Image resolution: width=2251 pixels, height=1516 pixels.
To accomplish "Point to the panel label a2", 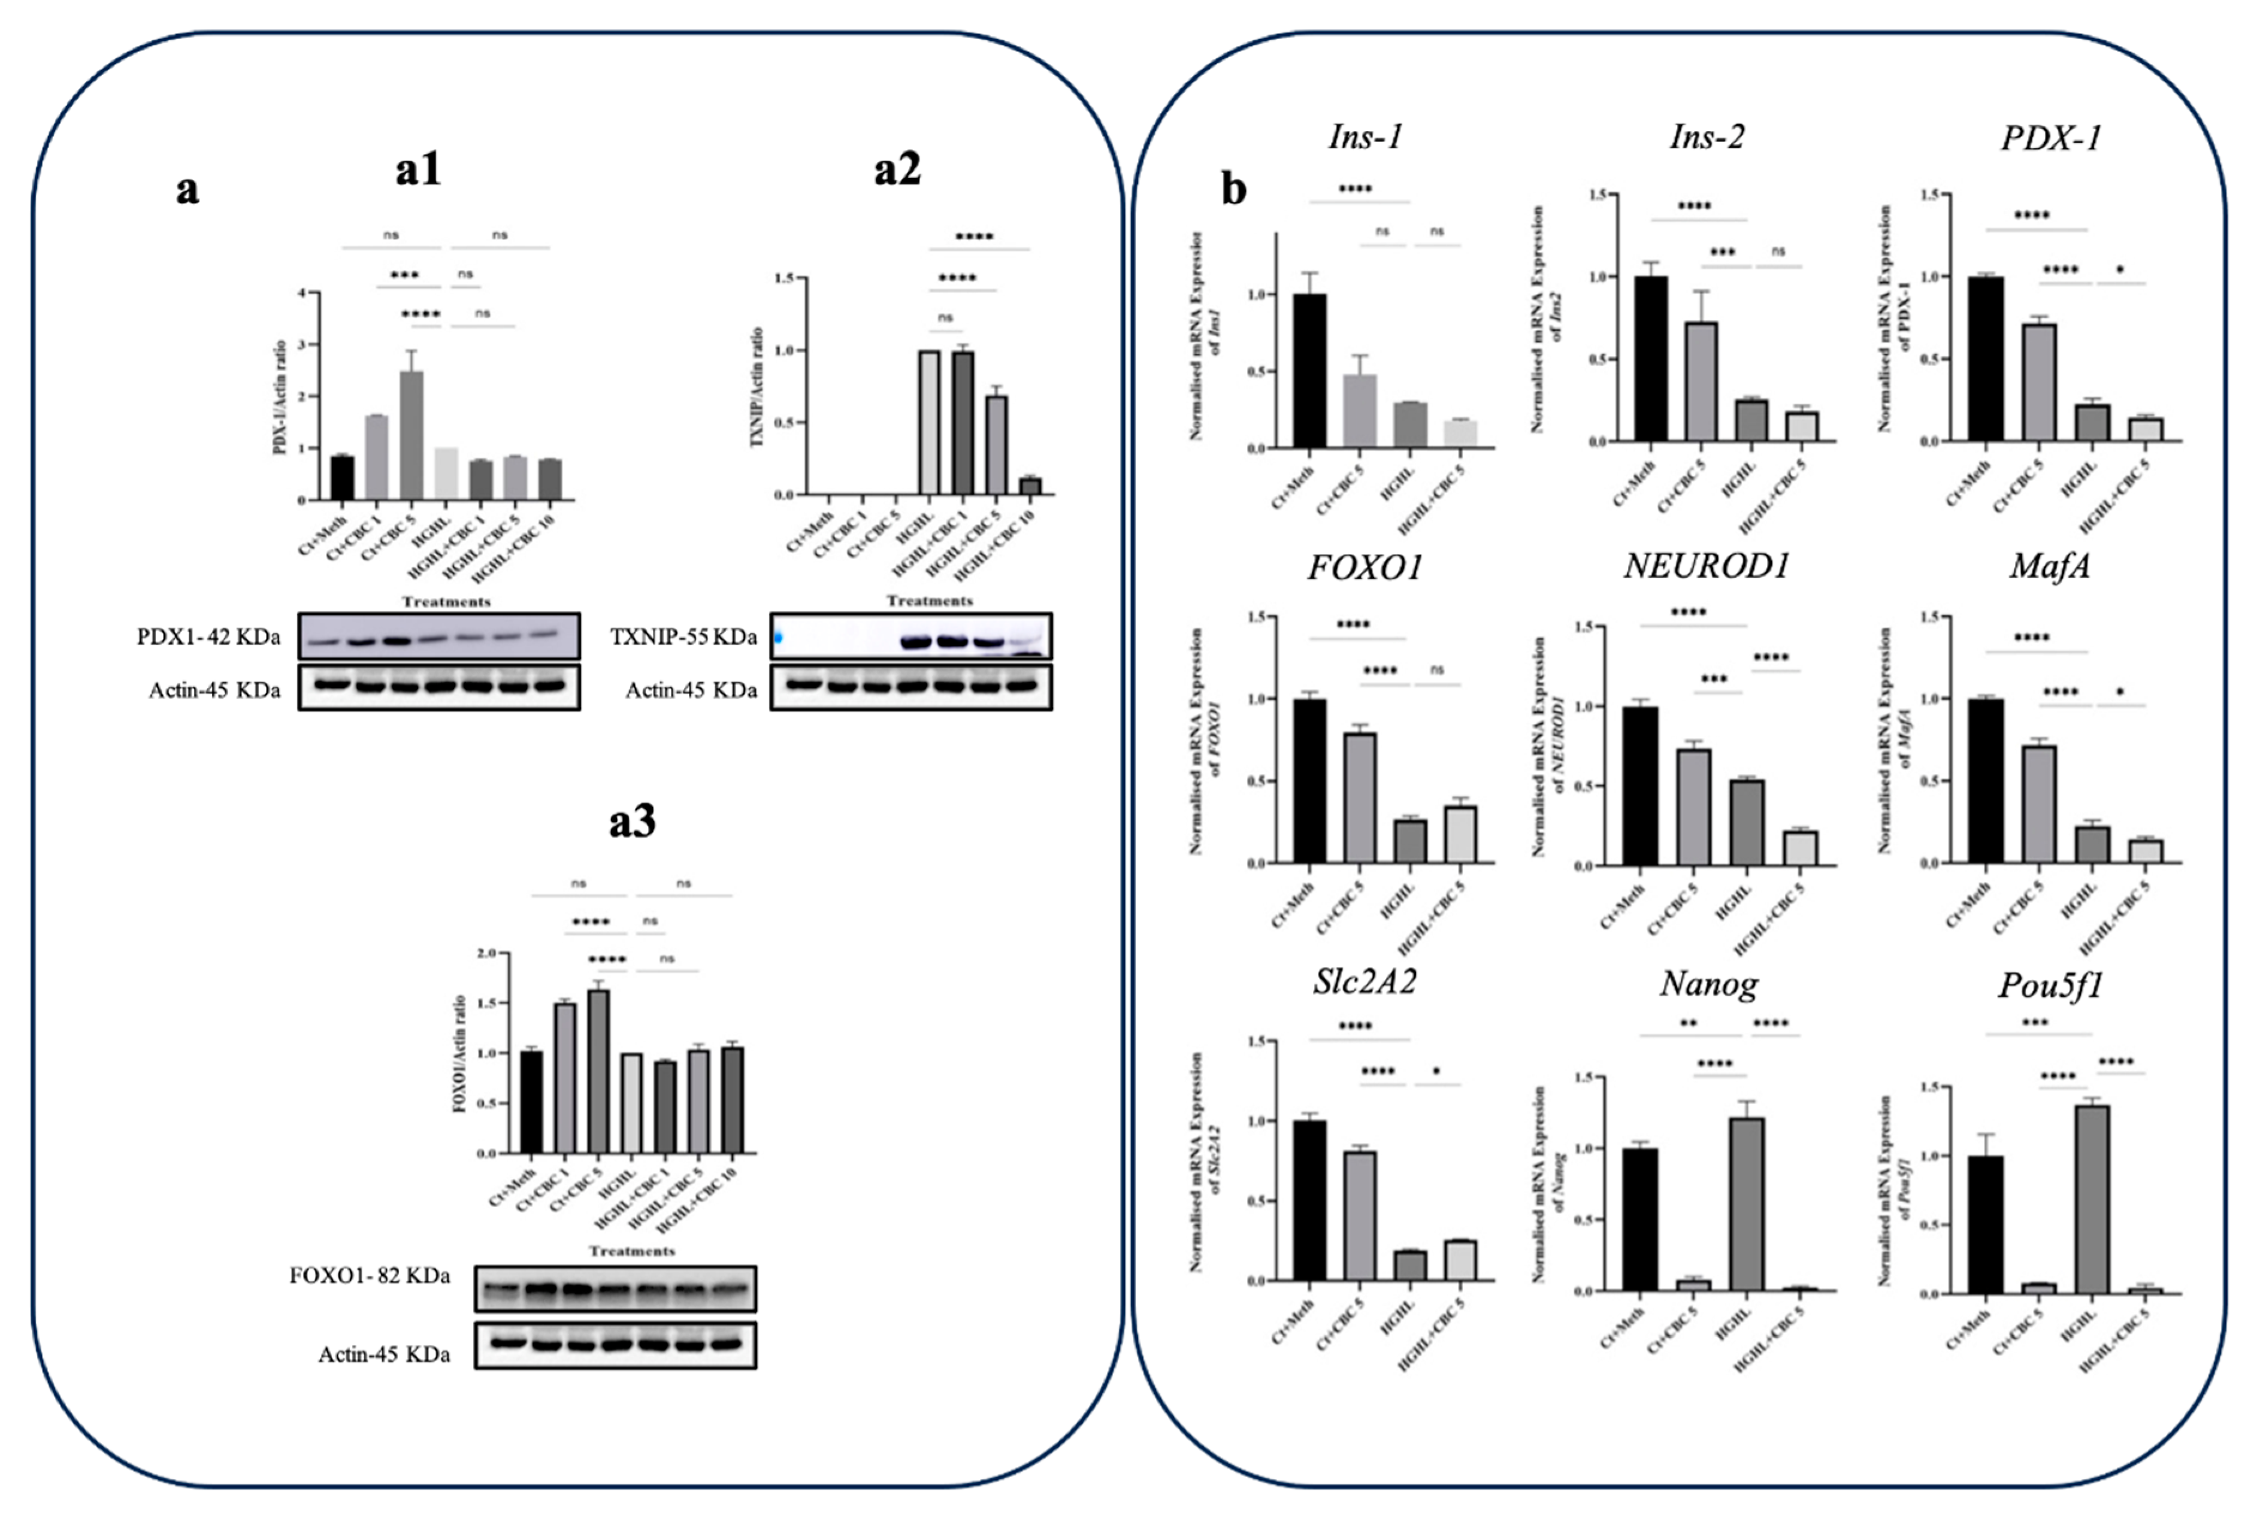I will pos(897,170).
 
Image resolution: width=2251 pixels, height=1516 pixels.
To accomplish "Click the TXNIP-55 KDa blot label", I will pos(683,636).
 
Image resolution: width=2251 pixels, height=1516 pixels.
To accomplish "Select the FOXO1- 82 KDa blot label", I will pos(370,1277).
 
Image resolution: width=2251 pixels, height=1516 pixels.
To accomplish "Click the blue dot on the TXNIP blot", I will pos(777,637).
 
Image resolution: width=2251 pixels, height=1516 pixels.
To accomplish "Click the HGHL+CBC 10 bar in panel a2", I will pos(1030,486).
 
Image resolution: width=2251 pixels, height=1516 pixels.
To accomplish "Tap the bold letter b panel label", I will pos(1233,189).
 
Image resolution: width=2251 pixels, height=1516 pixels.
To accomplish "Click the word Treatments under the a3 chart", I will pos(632,1251).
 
